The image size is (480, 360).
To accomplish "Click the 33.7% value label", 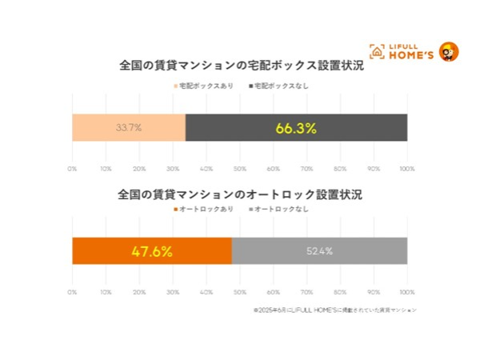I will pyautogui.click(x=129, y=128).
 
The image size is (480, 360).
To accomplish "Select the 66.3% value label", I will pyautogui.click(x=296, y=128).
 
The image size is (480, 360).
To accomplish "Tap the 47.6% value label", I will pyautogui.click(x=152, y=251).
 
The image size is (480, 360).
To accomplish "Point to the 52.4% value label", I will pyautogui.click(x=319, y=251).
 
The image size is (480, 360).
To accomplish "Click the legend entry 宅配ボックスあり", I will pyautogui.click(x=203, y=86).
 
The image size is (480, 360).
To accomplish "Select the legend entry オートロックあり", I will pyautogui.click(x=203, y=209).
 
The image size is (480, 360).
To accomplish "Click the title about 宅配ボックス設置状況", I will pyautogui.click(x=240, y=66).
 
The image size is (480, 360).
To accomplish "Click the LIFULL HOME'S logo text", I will pyautogui.click(x=412, y=51).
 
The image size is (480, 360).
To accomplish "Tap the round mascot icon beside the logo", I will pyautogui.click(x=449, y=52).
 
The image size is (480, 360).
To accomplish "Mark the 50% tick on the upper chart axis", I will pyautogui.click(x=240, y=169).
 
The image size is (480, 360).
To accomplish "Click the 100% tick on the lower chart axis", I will pyautogui.click(x=407, y=292).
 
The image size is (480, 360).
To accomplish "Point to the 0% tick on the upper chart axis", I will pyautogui.click(x=72, y=169).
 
